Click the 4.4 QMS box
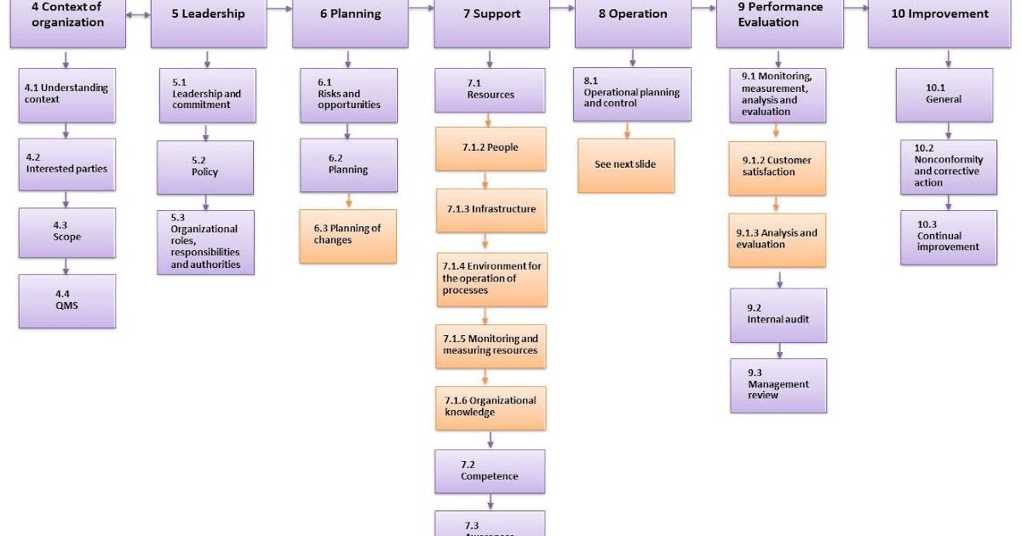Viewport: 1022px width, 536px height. tap(67, 300)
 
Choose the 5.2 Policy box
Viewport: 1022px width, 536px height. tap(204, 167)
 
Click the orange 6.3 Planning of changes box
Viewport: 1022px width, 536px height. tap(347, 235)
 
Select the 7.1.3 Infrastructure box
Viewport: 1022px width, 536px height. tap(491, 209)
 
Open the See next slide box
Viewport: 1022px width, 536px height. tap(626, 165)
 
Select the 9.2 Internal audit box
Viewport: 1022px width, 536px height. tap(778, 315)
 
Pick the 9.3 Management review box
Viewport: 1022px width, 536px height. tap(778, 385)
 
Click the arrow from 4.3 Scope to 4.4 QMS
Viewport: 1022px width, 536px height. tap(66, 265)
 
